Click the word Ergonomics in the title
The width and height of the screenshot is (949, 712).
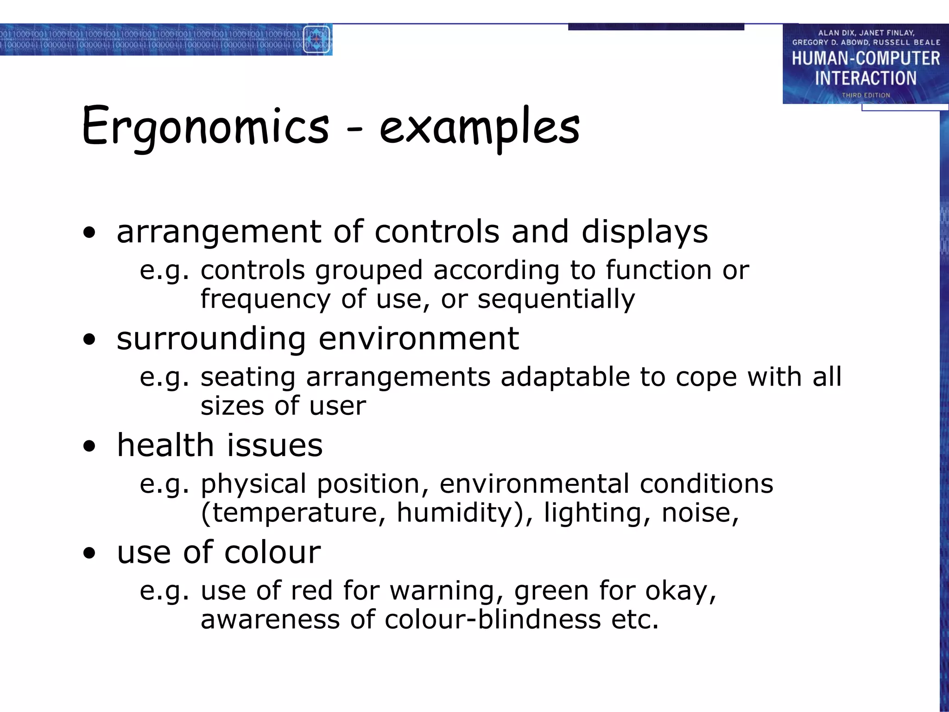205,127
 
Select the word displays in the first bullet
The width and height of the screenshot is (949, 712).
645,231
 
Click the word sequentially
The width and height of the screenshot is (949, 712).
556,299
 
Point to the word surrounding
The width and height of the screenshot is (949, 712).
211,339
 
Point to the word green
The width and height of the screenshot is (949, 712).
551,591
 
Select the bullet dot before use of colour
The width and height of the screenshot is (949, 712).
89,553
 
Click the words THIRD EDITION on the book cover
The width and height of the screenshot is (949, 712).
866,95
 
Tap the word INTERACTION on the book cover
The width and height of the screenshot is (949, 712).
866,78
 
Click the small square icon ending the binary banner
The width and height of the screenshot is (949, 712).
316,40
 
